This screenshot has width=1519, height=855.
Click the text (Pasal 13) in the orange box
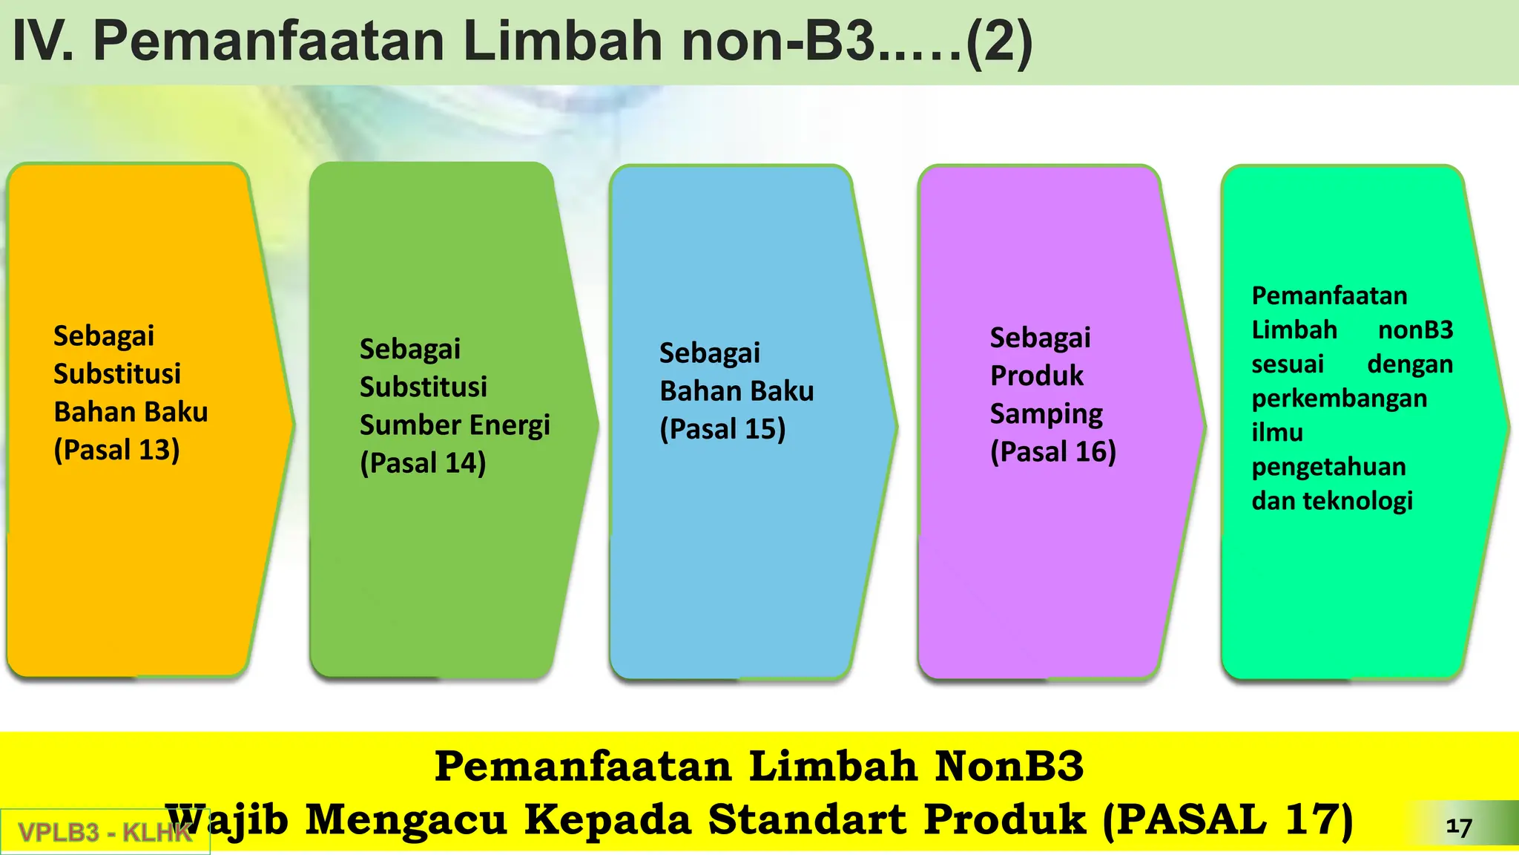pos(116,450)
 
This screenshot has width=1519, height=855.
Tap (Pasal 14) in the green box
pos(423,463)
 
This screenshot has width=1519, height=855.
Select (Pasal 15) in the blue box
pos(722,429)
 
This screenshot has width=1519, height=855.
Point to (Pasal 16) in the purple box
pos(1052,451)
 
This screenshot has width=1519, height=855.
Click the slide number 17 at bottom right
pos(1458,827)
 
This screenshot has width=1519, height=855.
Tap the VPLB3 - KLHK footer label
pos(105,832)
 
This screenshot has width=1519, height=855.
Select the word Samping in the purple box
pos(1046,414)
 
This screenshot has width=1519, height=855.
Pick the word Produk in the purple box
pos(1036,376)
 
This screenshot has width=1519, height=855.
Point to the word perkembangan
pos(1339,399)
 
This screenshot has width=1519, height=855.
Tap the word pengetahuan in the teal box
pos(1328,467)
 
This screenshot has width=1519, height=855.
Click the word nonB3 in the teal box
pos(1415,330)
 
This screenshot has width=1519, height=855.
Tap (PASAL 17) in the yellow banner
pos(1228,819)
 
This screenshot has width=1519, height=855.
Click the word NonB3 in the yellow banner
pos(1009,766)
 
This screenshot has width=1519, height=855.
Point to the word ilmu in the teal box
pos(1276,433)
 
